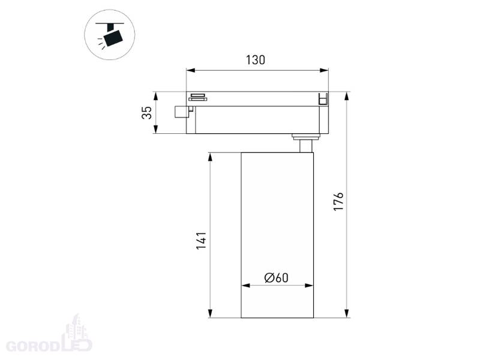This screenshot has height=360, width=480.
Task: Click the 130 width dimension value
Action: (x=256, y=60)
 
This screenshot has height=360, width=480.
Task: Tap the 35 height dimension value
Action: (x=147, y=113)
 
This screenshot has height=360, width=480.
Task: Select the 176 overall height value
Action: (x=338, y=202)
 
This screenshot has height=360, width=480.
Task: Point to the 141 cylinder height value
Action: (x=201, y=241)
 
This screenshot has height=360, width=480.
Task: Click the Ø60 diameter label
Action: (x=277, y=278)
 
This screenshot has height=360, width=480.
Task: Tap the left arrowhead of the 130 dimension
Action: (x=191, y=70)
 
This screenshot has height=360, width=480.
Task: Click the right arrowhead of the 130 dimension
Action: (x=324, y=70)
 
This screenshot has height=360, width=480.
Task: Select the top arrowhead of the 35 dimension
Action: (x=155, y=96)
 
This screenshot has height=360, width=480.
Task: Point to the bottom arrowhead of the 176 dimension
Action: (x=347, y=313)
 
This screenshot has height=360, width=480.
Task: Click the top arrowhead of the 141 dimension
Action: (x=210, y=157)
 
